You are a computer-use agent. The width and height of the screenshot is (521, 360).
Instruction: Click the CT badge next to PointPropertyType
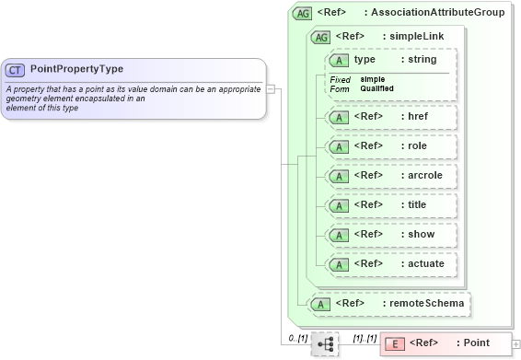click(16, 69)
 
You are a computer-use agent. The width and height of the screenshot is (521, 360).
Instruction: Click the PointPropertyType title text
click(76, 69)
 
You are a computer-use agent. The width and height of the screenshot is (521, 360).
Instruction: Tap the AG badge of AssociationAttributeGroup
click(302, 14)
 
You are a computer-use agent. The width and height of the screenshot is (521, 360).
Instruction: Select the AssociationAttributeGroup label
click(447, 14)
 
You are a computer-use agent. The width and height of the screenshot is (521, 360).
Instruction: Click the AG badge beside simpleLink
click(321, 37)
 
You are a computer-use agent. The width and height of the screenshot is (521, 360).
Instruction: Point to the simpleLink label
click(416, 37)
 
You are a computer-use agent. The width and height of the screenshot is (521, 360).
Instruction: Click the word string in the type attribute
click(422, 60)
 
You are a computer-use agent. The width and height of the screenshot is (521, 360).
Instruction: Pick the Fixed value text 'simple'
click(373, 79)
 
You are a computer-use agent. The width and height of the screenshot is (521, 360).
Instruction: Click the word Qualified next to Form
click(377, 88)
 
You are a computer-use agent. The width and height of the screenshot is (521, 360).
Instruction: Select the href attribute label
click(415, 117)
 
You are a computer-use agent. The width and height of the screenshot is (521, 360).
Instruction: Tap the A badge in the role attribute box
click(339, 146)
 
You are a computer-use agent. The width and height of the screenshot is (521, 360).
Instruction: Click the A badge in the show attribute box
click(339, 235)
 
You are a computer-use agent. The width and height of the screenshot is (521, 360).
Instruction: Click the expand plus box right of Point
click(515, 344)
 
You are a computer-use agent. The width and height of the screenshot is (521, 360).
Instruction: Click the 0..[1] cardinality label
click(296, 338)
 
